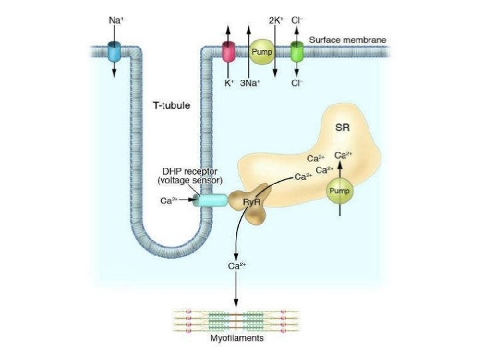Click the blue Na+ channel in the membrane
114,50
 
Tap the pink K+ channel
229,51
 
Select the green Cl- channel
297,50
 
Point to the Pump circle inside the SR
339,192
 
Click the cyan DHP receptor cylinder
211,199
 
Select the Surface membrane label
349,40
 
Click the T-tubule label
173,105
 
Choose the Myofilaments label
237,338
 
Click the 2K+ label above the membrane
277,20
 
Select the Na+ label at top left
115,20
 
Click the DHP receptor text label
190,171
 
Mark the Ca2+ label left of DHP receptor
169,200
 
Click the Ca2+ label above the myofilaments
237,266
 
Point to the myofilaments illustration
236,319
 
